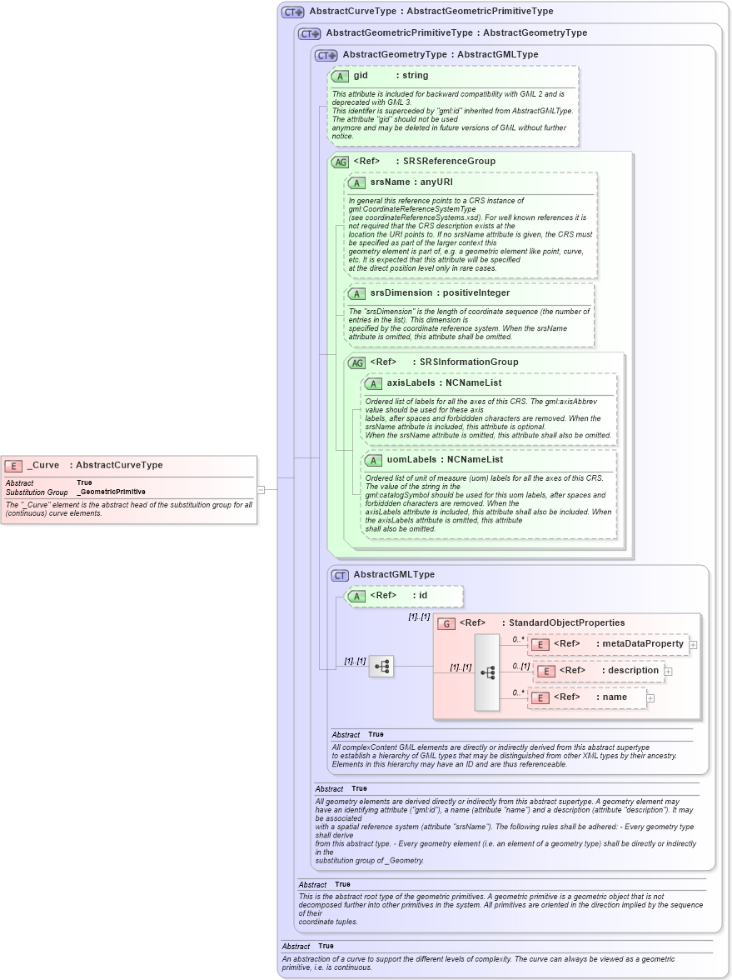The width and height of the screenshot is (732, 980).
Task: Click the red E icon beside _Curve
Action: [x=13, y=466]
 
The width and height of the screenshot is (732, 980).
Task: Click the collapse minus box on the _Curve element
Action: [x=261, y=490]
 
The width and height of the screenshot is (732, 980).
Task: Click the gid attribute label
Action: [x=361, y=76]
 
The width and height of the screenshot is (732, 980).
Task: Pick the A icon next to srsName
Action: [x=356, y=182]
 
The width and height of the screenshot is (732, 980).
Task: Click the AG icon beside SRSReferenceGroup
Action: [x=340, y=162]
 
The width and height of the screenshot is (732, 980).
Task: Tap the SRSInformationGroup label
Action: [x=469, y=362]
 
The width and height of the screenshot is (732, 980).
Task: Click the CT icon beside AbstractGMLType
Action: [x=340, y=575]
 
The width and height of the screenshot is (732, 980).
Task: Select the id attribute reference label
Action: [x=423, y=596]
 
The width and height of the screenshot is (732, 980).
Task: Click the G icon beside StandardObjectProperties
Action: [x=446, y=622]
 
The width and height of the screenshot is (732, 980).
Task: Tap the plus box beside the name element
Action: [x=651, y=697]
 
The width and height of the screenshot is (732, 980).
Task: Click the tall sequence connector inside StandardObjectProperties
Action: [x=487, y=672]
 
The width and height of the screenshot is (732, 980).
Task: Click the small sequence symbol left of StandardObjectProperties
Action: [x=381, y=666]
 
